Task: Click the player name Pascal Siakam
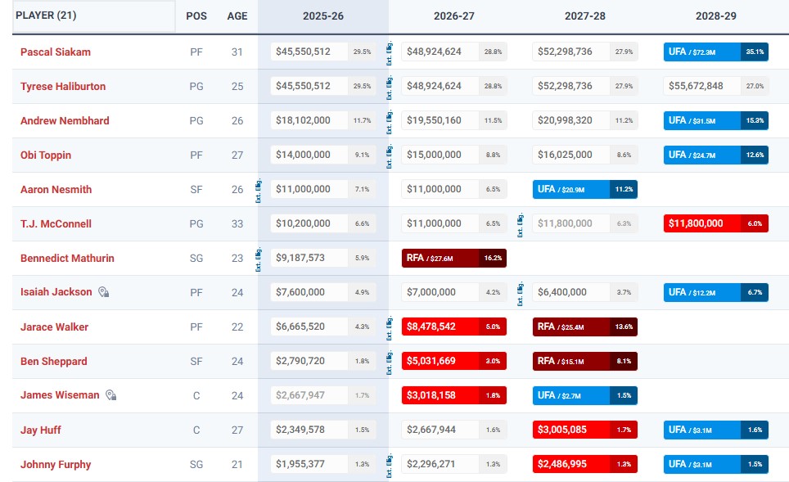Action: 56,52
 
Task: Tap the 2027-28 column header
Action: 584,16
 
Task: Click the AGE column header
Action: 237,16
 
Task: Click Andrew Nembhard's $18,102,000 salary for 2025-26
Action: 304,120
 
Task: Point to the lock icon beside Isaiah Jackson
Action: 104,292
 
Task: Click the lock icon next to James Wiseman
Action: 111,395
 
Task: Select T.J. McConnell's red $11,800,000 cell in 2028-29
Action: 701,223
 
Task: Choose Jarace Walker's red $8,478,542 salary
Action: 440,327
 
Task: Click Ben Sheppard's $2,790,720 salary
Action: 304,361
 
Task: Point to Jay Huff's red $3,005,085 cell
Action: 570,430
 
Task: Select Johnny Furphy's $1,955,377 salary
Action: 304,464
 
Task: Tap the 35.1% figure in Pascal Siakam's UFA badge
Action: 755,52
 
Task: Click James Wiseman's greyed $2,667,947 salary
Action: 304,395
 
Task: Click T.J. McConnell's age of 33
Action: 237,223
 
